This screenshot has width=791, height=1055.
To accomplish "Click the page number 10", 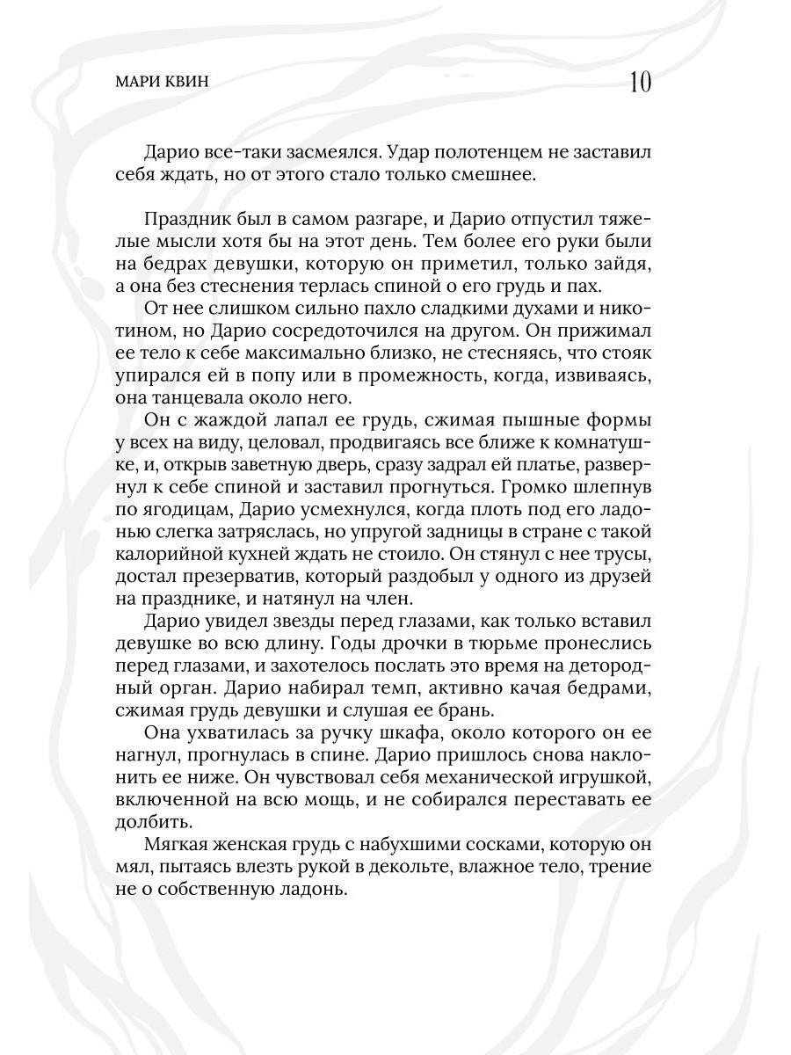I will [640, 84].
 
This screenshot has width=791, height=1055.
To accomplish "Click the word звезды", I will [308, 622].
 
